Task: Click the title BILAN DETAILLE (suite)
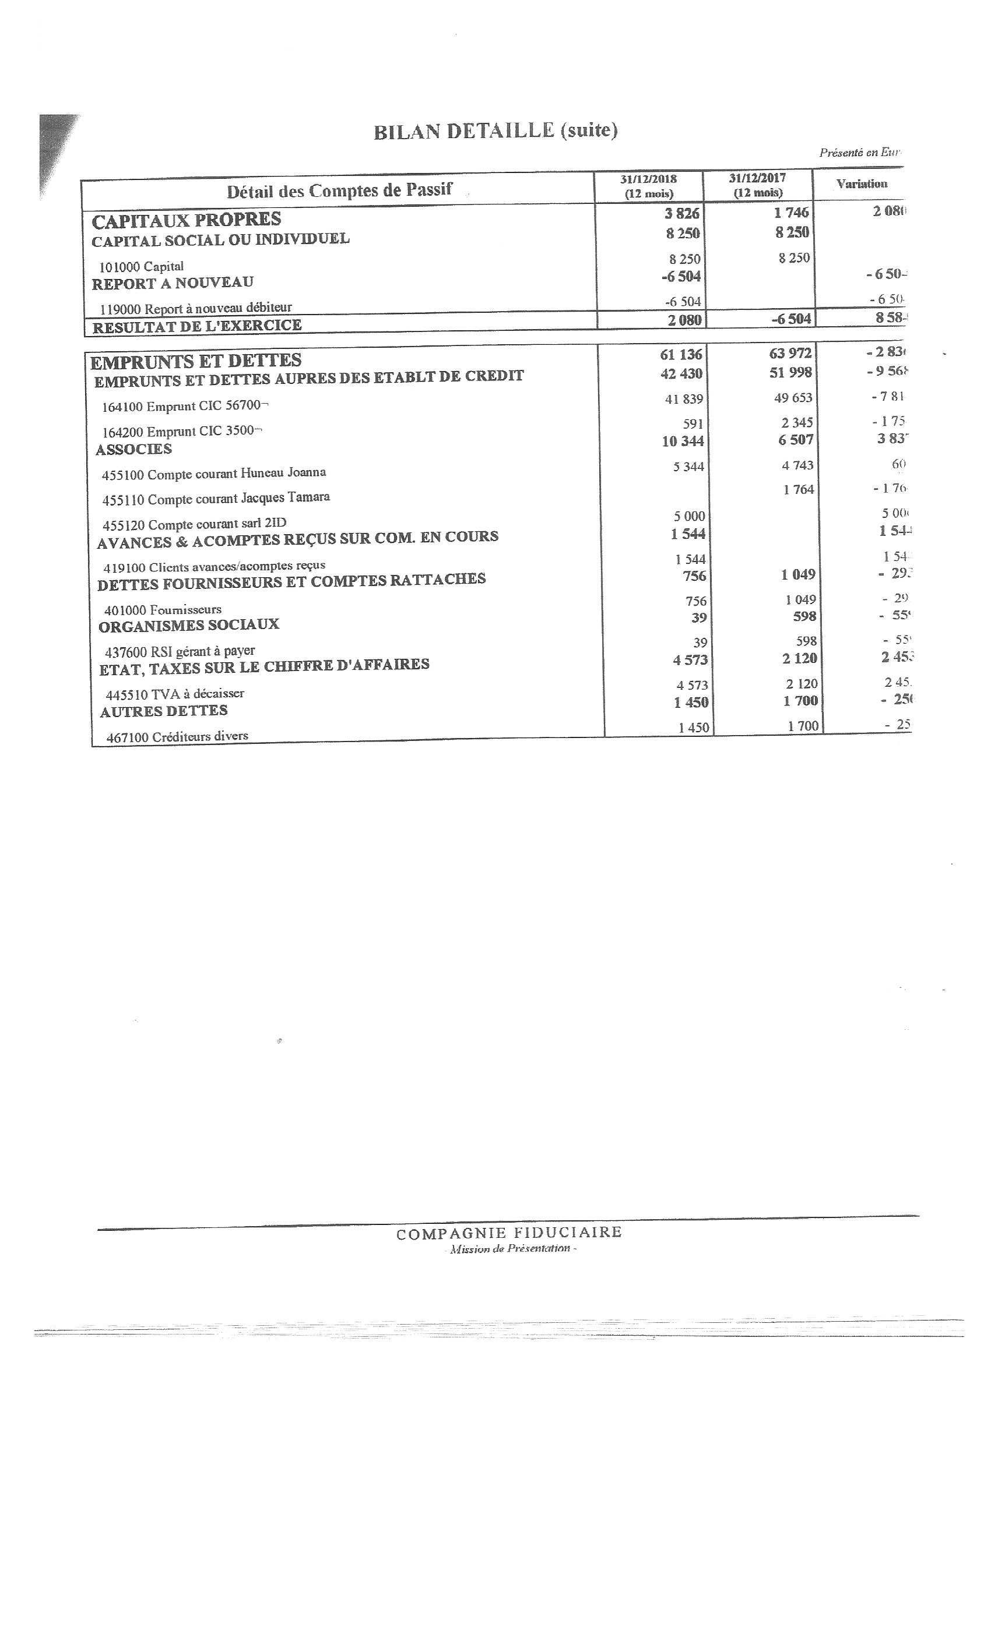tap(495, 131)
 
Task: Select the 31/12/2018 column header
tap(649, 185)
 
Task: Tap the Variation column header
tap(861, 183)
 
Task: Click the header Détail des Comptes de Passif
tap(339, 190)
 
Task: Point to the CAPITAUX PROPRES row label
tap(186, 220)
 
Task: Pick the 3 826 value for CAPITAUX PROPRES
tap(681, 213)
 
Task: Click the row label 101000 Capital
tap(141, 267)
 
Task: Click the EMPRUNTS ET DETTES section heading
tap(195, 361)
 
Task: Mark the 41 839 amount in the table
tap(684, 399)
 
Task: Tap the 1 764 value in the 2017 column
tap(797, 490)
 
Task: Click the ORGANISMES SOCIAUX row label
tap(189, 625)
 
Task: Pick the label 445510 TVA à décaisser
tap(175, 694)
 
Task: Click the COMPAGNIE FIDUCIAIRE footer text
tap(509, 1233)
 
